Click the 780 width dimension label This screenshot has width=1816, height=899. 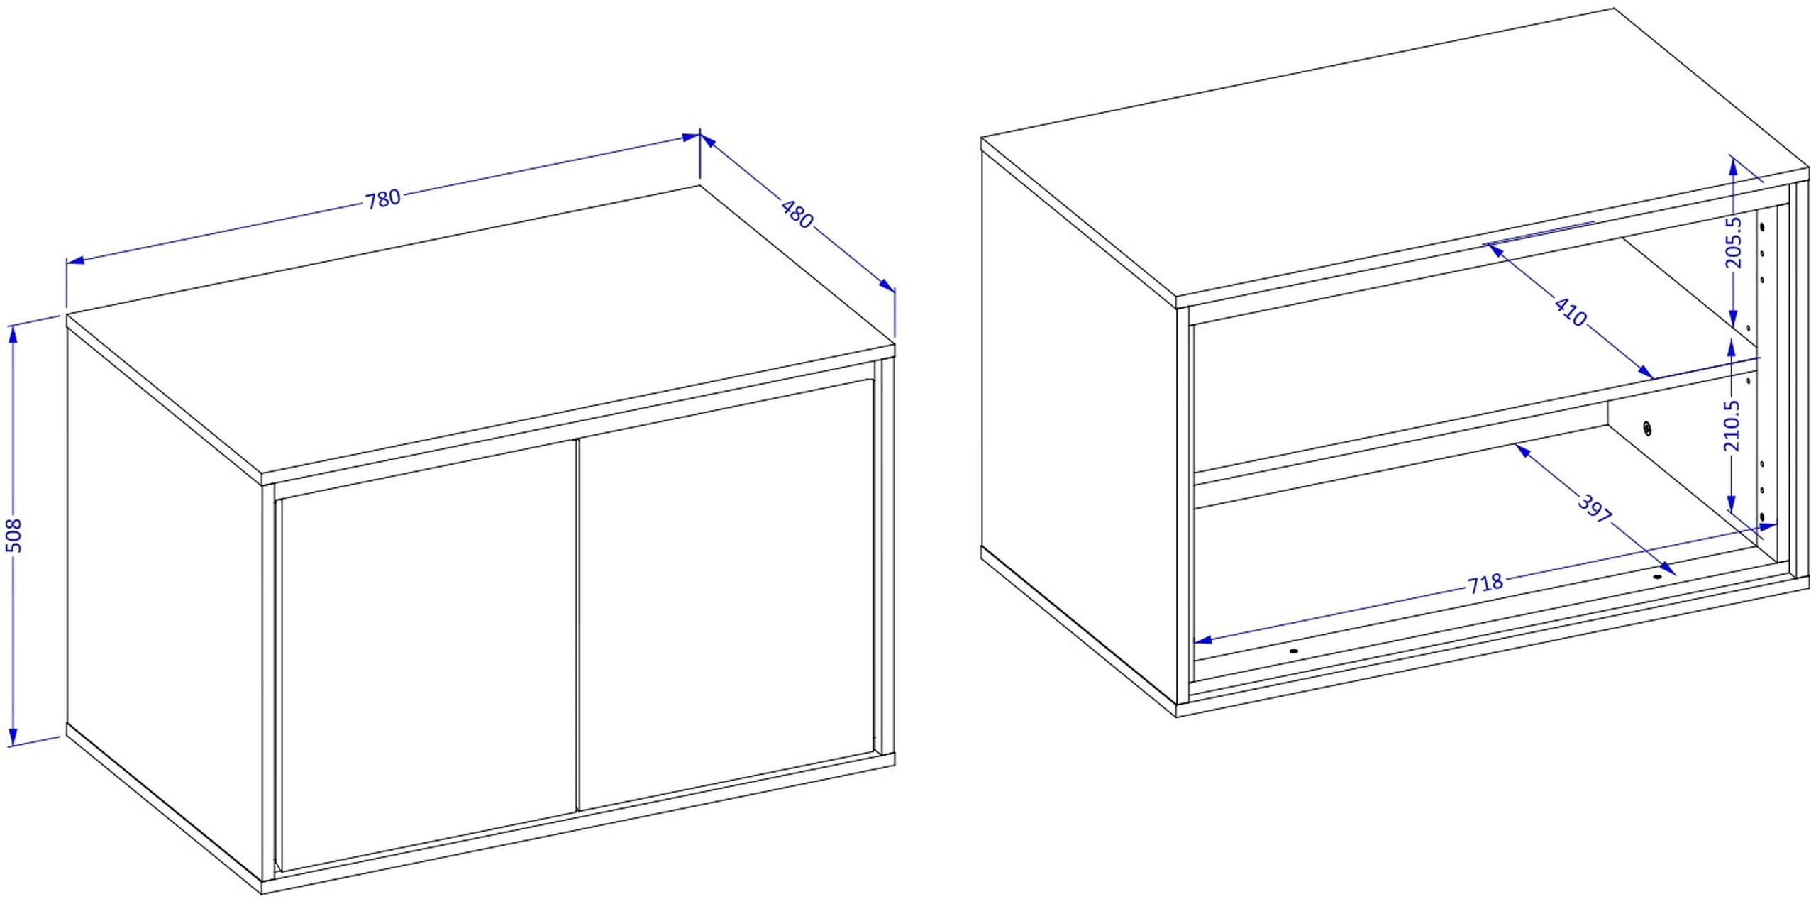[x=383, y=199]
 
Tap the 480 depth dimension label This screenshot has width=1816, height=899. [x=797, y=214]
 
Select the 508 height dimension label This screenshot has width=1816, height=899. [x=14, y=535]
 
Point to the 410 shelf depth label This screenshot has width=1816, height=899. [x=1571, y=312]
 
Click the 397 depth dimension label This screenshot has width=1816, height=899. [x=1595, y=509]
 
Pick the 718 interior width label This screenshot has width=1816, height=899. [x=1485, y=583]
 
